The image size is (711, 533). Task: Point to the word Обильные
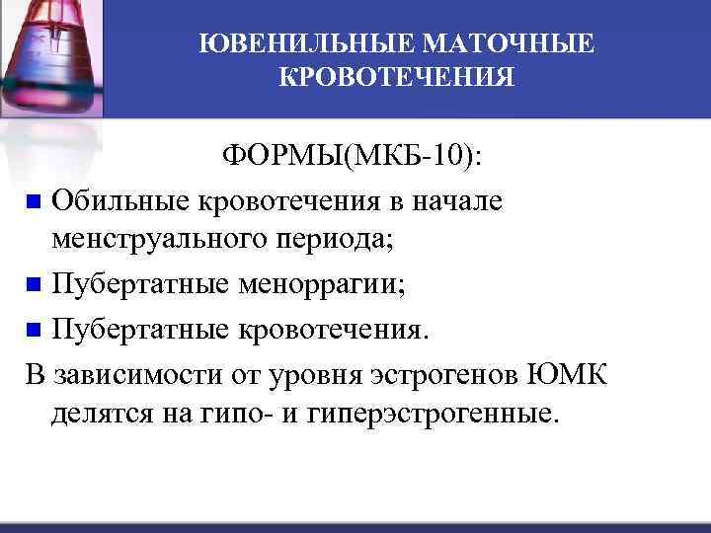tap(122, 201)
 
